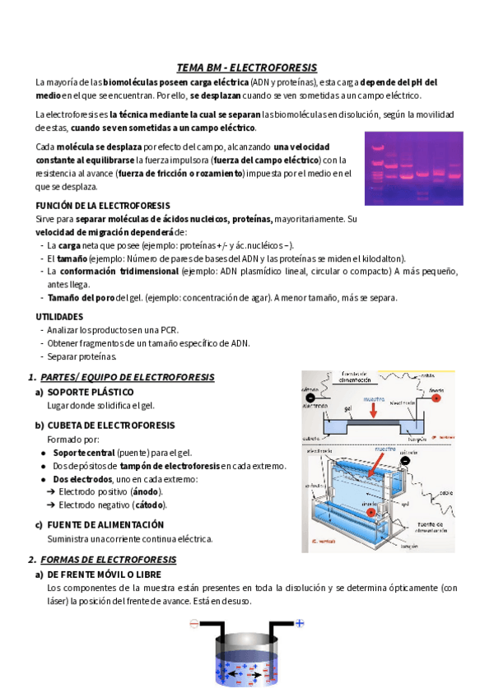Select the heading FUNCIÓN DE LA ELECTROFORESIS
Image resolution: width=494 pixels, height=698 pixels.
coord(103,205)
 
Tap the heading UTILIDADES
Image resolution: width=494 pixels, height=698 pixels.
coord(59,316)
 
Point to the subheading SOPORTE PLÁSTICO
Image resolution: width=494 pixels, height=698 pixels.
coord(90,392)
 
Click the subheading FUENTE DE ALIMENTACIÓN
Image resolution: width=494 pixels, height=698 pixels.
coord(105,525)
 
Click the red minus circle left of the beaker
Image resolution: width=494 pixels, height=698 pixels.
coord(194,624)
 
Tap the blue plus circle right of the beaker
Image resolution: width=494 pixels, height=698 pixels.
coord(300,623)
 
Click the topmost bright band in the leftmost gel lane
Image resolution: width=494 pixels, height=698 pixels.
coord(378,148)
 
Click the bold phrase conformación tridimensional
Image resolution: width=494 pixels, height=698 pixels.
coord(119,271)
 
